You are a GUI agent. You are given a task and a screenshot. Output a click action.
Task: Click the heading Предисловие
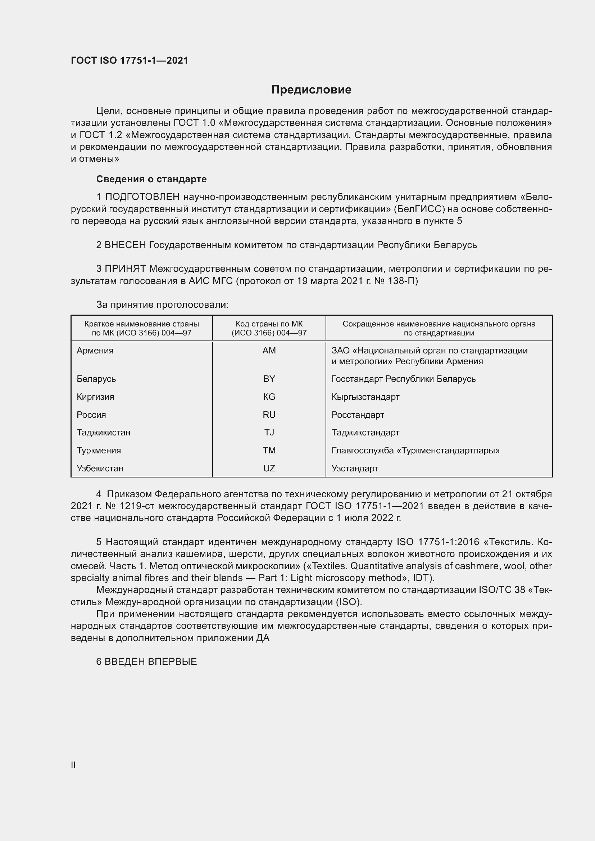(311, 90)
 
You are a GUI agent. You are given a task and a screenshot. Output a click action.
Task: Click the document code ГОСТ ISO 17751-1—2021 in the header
(130, 60)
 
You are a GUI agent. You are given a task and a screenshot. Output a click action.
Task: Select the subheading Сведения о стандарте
(151, 179)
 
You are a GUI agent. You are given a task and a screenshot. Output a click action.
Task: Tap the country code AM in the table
(269, 351)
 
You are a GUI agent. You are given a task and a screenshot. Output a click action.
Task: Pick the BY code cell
(269, 379)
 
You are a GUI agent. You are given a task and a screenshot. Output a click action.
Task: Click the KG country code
(269, 397)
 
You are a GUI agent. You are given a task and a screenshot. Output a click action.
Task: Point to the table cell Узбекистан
(100, 468)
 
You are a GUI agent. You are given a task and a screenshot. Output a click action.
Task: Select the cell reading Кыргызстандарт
(365, 397)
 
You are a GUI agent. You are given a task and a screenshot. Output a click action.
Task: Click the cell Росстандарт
(358, 415)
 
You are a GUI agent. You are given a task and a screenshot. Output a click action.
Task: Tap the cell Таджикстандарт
(365, 432)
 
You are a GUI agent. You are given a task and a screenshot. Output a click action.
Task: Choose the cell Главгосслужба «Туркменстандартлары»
(415, 450)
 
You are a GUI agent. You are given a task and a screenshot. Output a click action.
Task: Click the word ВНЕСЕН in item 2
(125, 245)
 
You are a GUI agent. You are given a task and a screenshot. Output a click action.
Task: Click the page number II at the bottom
(73, 765)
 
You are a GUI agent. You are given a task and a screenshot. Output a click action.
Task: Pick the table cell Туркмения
(99, 450)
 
